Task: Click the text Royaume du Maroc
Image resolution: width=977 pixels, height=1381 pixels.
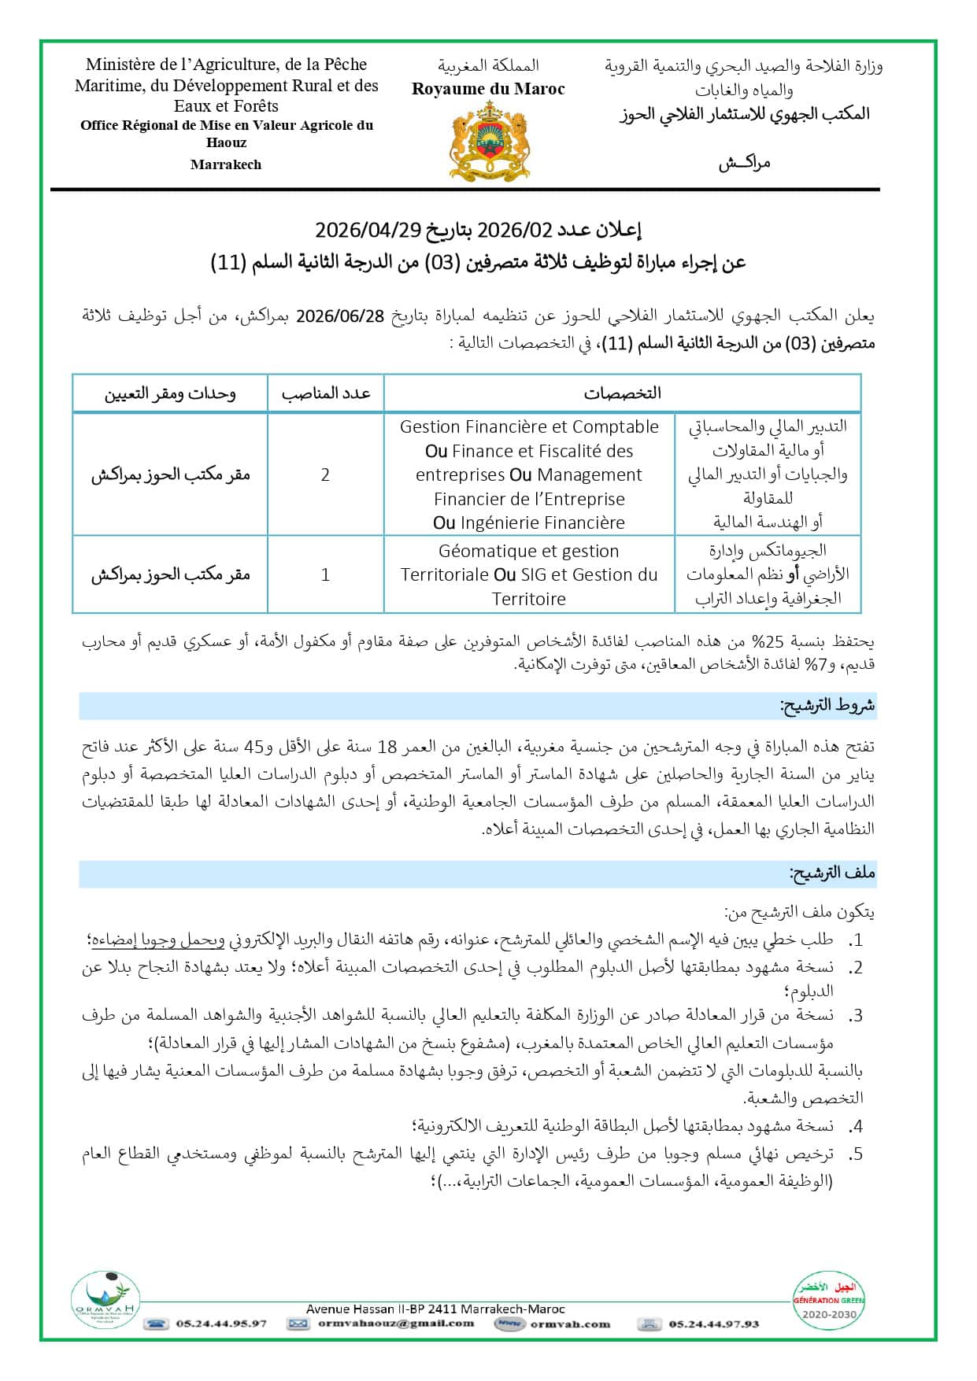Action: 488,89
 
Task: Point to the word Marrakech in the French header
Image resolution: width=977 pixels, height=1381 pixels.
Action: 226,164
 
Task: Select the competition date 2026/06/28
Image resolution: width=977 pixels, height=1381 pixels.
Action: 340,316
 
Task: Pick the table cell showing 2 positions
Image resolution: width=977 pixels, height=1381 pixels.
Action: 325,474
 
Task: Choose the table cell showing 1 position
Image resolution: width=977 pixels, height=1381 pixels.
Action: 325,575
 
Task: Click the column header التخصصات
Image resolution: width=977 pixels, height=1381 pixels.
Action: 622,393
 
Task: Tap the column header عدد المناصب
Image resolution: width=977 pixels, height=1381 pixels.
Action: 326,393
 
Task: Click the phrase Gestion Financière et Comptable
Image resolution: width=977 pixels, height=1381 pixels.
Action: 529,427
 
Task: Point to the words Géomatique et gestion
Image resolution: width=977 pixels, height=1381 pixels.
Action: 529,551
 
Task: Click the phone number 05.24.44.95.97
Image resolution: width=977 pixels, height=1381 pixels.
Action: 221,1324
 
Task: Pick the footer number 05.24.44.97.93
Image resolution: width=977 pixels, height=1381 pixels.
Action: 714,1324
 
